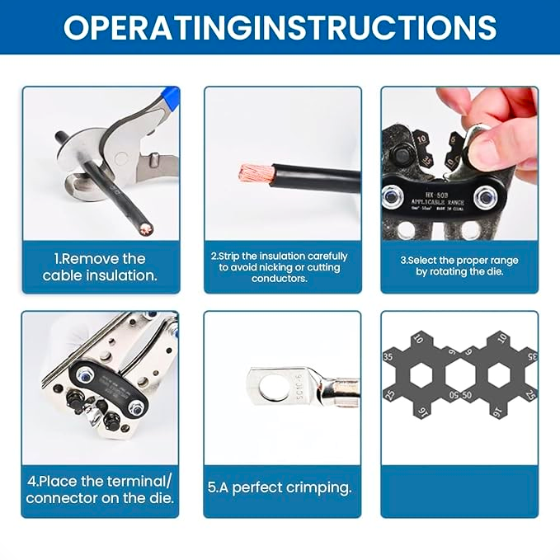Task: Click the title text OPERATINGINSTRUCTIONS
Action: pyautogui.click(x=280, y=26)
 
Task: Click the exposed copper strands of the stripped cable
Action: pyautogui.click(x=253, y=172)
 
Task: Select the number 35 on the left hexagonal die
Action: pyautogui.click(x=388, y=357)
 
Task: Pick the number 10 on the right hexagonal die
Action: pyautogui.click(x=501, y=338)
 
